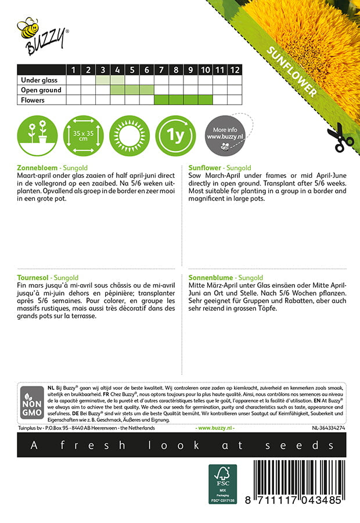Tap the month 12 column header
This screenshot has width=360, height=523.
(x=234, y=70)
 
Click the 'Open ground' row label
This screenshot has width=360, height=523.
(x=41, y=90)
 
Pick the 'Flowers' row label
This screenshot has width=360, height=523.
(x=33, y=100)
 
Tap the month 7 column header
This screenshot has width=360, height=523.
(x=161, y=70)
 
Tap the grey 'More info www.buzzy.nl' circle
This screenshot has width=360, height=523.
(x=224, y=137)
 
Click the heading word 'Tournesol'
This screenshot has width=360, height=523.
(x=35, y=278)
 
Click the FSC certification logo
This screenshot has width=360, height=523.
(x=224, y=484)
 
